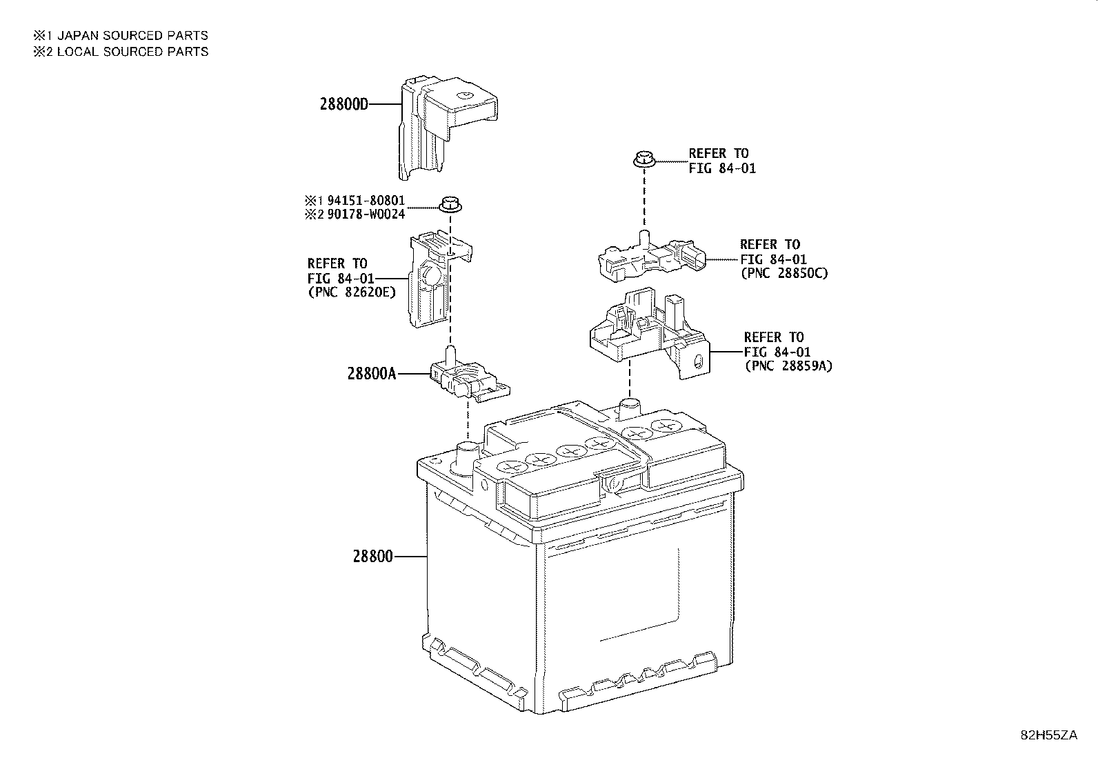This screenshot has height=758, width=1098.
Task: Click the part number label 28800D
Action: pyautogui.click(x=343, y=104)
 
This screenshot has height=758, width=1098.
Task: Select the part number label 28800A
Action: pyautogui.click(x=371, y=374)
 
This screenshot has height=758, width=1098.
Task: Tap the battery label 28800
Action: pyautogui.click(x=372, y=557)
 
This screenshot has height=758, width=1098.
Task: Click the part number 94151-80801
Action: pyautogui.click(x=366, y=201)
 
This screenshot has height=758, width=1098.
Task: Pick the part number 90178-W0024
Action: pyautogui.click(x=366, y=215)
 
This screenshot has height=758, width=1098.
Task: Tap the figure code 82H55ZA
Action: pyautogui.click(x=1049, y=735)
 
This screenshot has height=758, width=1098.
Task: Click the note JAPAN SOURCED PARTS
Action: pyautogui.click(x=132, y=35)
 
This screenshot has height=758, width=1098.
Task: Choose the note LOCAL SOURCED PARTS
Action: pyautogui.click(x=132, y=52)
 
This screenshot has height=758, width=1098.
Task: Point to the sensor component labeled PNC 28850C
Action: pyautogui.click(x=652, y=259)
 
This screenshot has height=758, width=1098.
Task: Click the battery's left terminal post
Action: pyautogui.click(x=467, y=456)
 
